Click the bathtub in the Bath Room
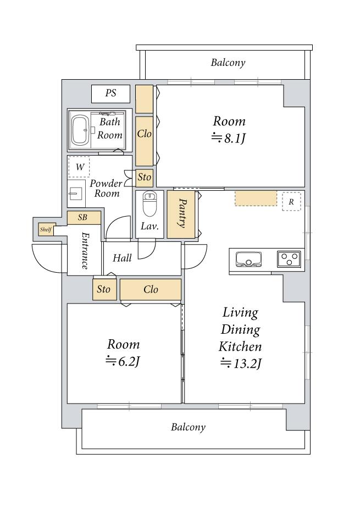[x=80, y=130]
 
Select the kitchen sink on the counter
[x=248, y=258]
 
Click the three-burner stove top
[x=289, y=259]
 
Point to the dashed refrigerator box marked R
[x=291, y=202]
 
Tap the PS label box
[x=110, y=93]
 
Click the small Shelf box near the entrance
[x=46, y=229]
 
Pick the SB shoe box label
[x=84, y=218]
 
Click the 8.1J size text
[x=229, y=139]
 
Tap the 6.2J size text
[x=123, y=361]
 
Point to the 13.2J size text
[x=241, y=363]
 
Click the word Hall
[x=122, y=258]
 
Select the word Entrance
[x=85, y=251]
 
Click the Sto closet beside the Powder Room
[x=144, y=178]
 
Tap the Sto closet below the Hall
[x=104, y=289]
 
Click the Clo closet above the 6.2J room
[x=151, y=289]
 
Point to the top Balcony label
[x=228, y=63]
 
